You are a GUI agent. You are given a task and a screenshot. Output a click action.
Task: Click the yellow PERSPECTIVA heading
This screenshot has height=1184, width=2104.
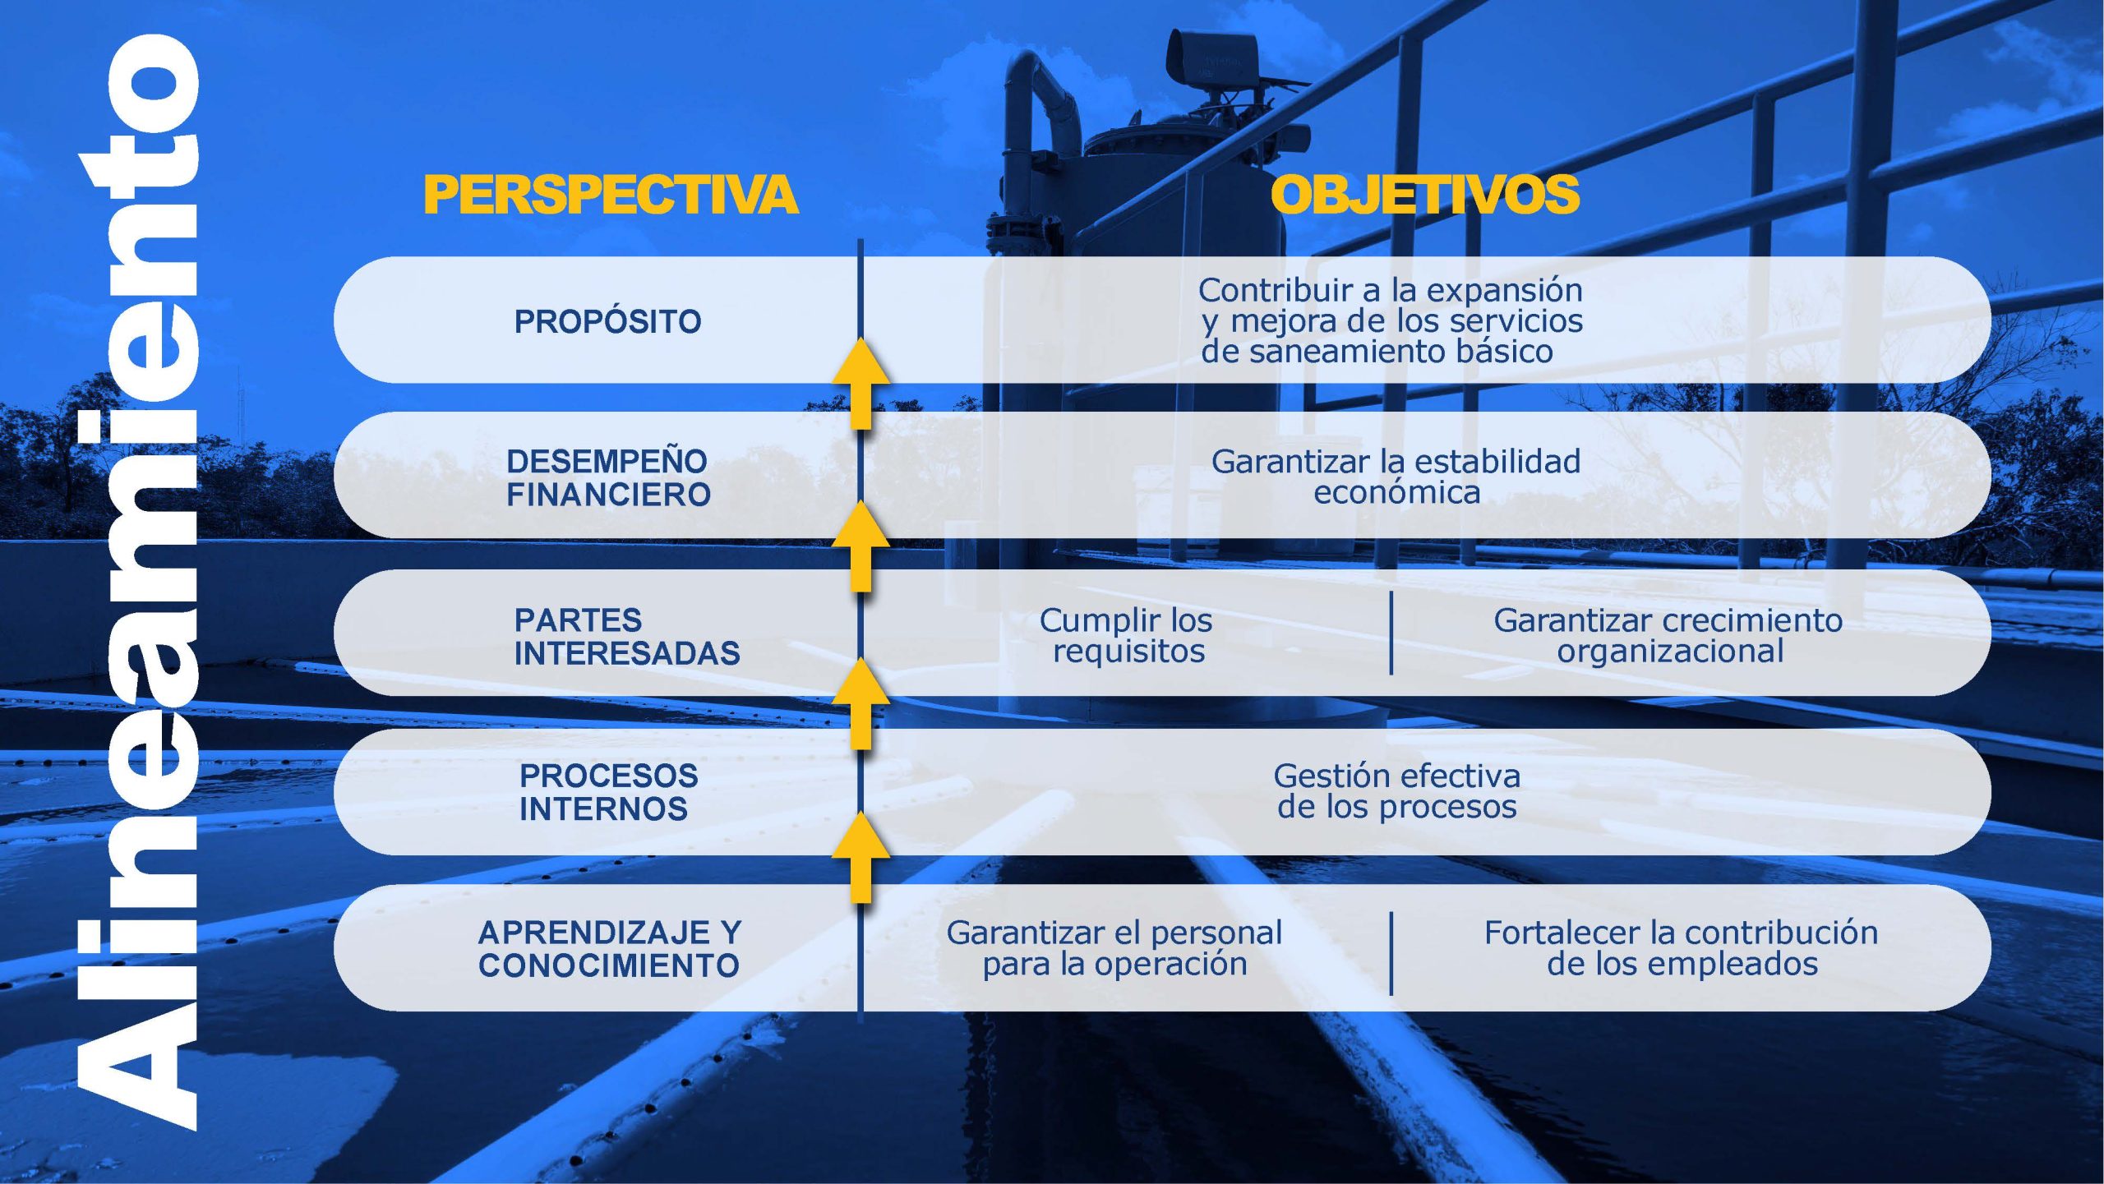(x=611, y=194)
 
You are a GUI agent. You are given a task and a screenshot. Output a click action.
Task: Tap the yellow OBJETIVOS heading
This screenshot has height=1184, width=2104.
(x=1424, y=194)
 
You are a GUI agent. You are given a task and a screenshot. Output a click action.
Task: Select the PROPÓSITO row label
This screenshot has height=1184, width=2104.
(x=607, y=321)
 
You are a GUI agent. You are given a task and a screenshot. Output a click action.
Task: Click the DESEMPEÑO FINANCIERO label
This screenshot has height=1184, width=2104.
(x=608, y=477)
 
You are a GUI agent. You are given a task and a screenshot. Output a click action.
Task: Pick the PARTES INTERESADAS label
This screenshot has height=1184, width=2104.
(x=627, y=636)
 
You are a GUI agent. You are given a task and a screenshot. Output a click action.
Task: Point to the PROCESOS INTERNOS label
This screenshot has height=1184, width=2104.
(x=608, y=792)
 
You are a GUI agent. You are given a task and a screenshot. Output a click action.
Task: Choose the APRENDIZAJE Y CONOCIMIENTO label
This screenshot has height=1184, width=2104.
(x=609, y=948)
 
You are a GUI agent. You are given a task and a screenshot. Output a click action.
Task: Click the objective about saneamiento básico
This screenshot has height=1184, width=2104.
(x=1391, y=320)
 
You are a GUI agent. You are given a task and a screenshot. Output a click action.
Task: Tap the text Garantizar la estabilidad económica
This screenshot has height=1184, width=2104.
(x=1396, y=477)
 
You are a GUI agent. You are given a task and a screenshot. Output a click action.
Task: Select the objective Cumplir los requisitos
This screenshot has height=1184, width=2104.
(x=1126, y=635)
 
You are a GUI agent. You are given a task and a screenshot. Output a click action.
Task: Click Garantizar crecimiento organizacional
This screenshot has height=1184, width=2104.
(x=1668, y=635)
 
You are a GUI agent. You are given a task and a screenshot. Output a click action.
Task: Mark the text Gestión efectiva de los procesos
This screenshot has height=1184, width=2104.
(x=1396, y=791)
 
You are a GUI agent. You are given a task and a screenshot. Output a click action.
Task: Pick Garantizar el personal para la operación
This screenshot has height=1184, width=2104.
(x=1114, y=948)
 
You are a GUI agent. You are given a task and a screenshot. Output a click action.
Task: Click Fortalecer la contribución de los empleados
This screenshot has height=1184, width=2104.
(x=1681, y=948)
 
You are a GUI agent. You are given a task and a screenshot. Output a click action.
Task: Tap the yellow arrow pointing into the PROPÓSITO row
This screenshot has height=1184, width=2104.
(x=861, y=383)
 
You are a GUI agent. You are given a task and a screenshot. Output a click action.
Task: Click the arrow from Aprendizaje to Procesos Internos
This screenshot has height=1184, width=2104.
(x=861, y=856)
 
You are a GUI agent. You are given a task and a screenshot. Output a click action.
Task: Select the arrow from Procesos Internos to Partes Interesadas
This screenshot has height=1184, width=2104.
(x=861, y=702)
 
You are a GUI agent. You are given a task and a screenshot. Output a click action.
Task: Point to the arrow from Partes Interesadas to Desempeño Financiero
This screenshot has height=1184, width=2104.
(x=861, y=546)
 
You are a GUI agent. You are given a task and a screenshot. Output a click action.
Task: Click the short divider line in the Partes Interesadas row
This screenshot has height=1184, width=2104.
(x=1391, y=633)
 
